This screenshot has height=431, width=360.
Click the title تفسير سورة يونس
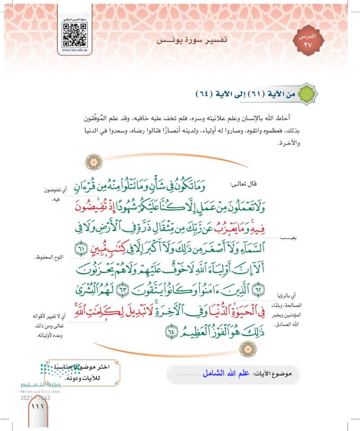[193, 40]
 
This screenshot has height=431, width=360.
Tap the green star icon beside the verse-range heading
[307, 94]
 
